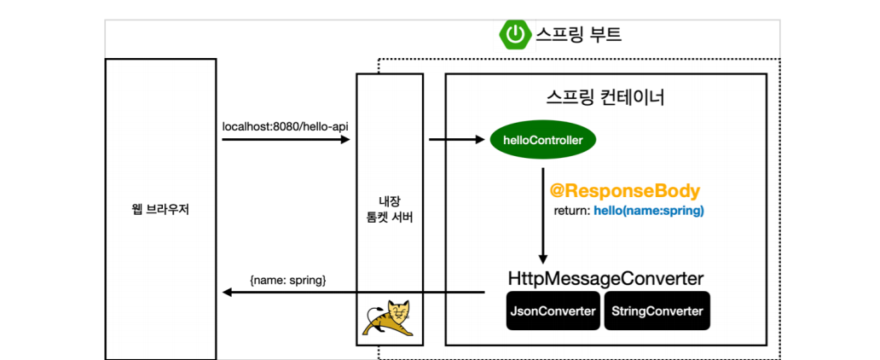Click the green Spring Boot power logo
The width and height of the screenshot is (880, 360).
[514, 35]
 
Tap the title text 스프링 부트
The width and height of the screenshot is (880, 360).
[578, 35]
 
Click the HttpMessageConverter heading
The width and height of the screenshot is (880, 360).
[605, 279]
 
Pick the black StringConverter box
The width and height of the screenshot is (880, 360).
[657, 311]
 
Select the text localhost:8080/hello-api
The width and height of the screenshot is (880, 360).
[285, 126]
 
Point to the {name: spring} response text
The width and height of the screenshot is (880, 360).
[287, 279]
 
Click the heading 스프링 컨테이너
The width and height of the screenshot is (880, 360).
[605, 97]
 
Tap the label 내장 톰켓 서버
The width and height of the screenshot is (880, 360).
[389, 209]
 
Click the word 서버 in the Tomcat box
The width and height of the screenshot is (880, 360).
[402, 217]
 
